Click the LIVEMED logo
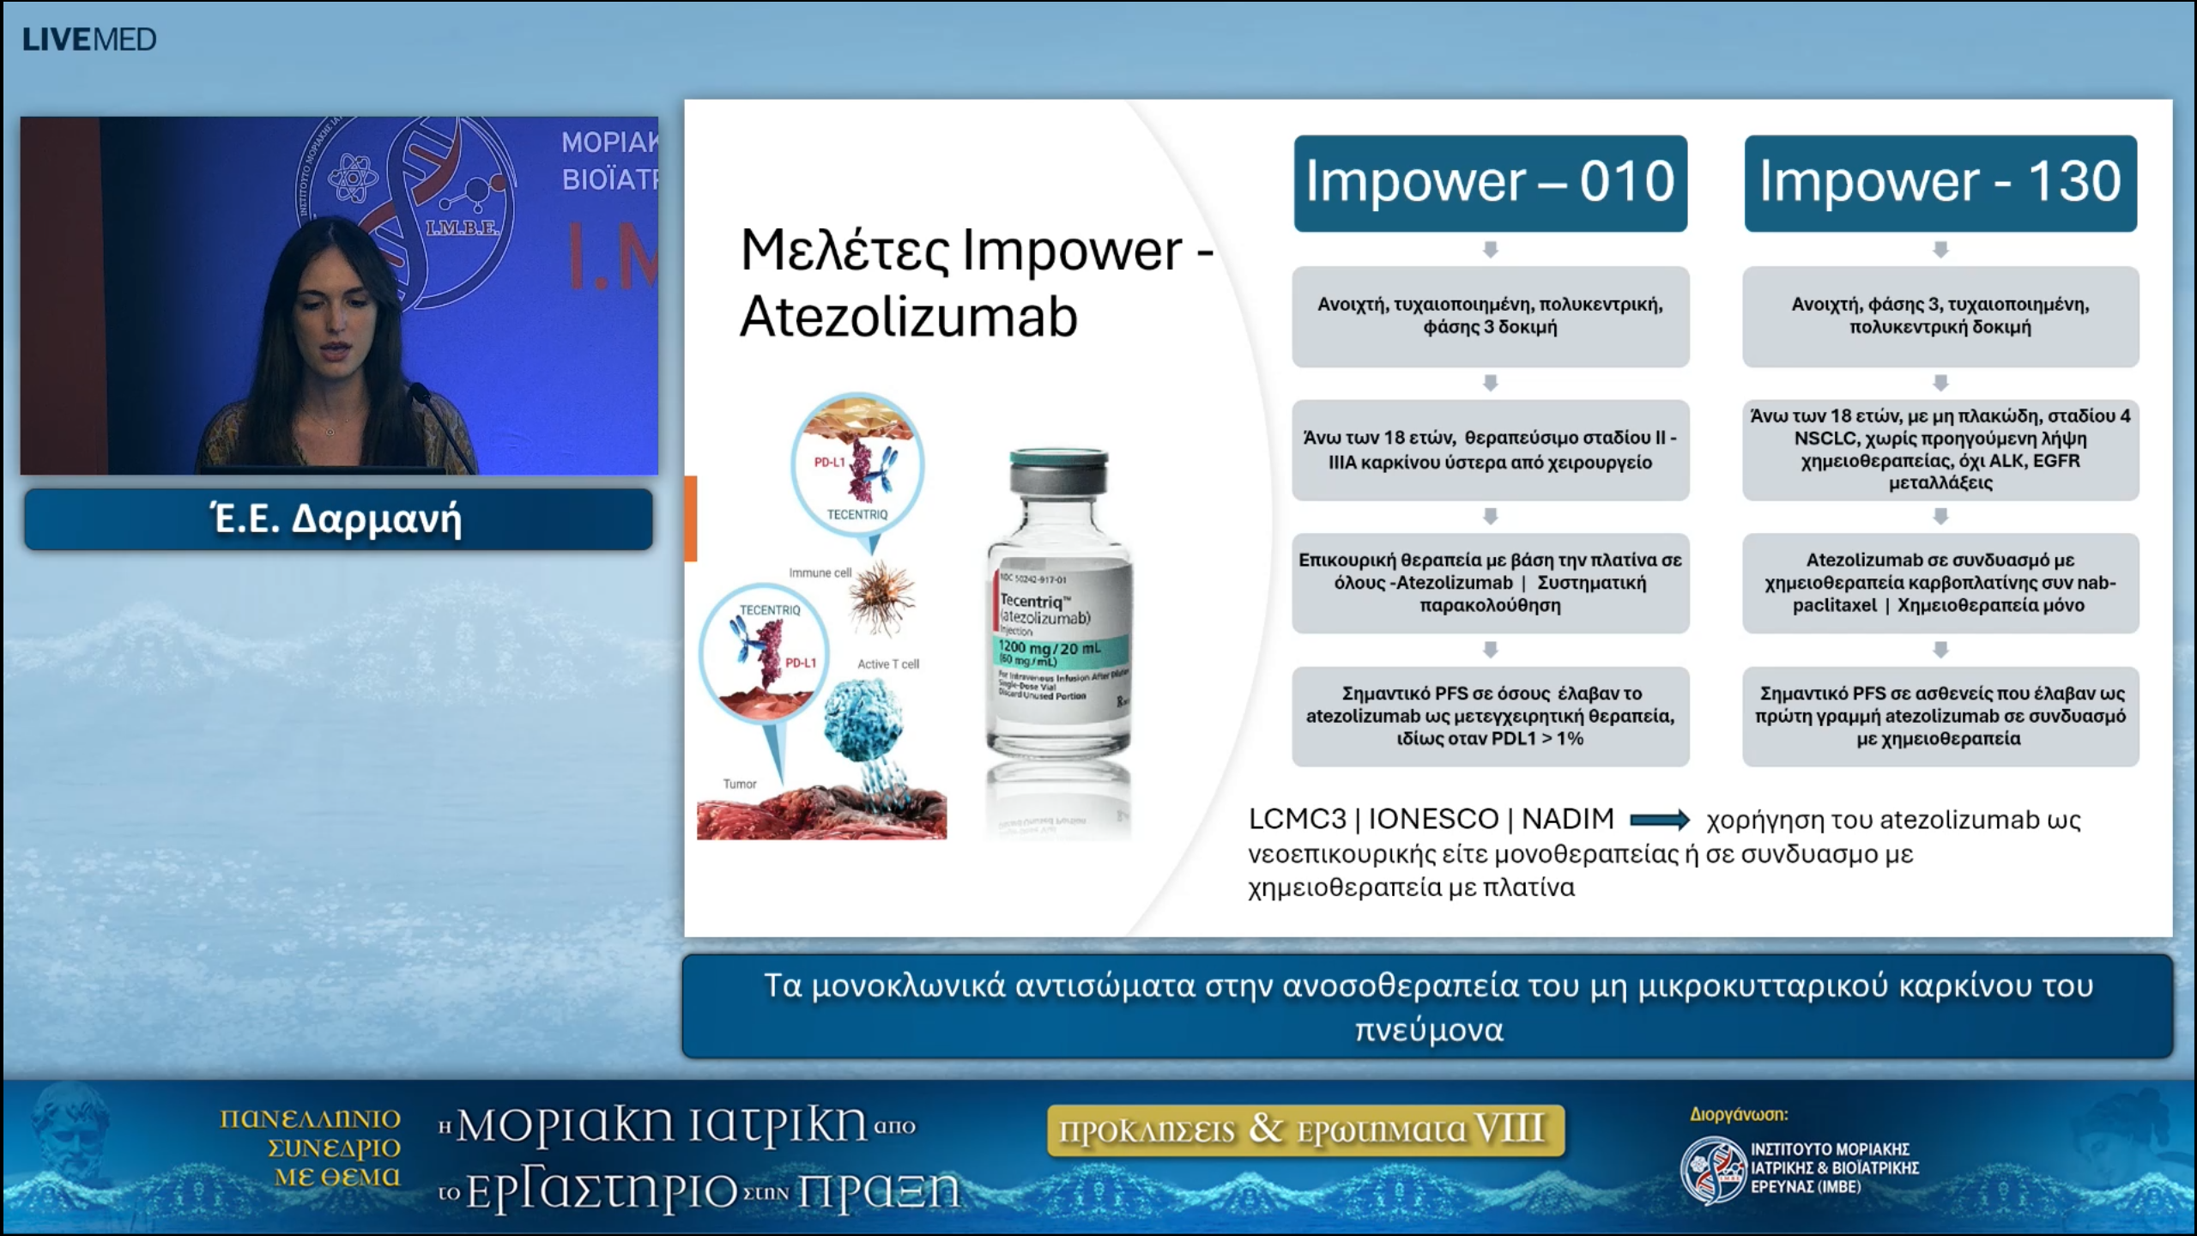click(x=89, y=39)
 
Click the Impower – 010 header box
click(x=1491, y=183)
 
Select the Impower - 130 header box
click(x=1940, y=183)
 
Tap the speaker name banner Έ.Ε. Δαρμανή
click(x=338, y=519)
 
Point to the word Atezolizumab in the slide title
click(x=908, y=318)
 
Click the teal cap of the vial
click(x=1059, y=469)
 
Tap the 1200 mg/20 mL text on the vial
click(x=1049, y=648)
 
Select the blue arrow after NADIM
click(x=1659, y=821)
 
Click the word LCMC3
click(x=1297, y=819)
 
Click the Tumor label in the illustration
click(x=739, y=784)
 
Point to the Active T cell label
click(x=887, y=663)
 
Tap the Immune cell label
click(x=820, y=573)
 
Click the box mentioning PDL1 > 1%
click(x=1491, y=716)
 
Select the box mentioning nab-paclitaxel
click(x=1940, y=583)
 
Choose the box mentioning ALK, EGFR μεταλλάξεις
click(x=1940, y=450)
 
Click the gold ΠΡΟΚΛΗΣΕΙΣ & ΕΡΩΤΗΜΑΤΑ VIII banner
click(x=1305, y=1130)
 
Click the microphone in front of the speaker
click(x=421, y=396)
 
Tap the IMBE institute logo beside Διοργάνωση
click(x=1713, y=1169)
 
